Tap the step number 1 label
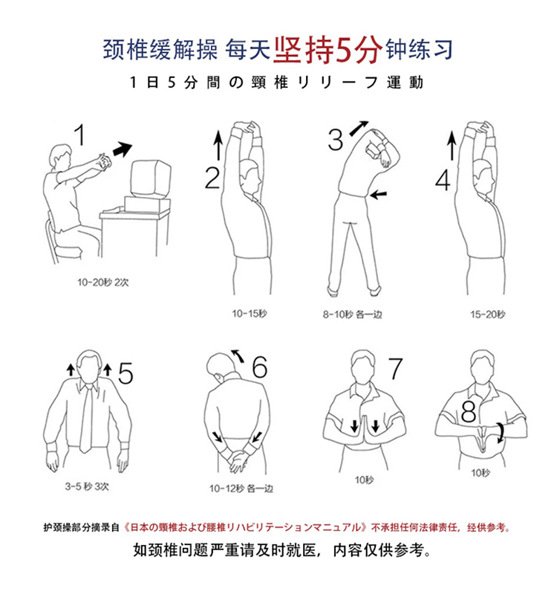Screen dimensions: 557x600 pyautogui.click(x=79, y=135)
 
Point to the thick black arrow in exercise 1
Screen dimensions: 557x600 pyautogui.click(x=123, y=149)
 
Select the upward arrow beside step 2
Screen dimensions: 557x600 pyautogui.click(x=218, y=145)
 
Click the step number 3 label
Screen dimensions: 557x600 pyautogui.click(x=336, y=140)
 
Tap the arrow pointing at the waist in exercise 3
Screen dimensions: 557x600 pyautogui.click(x=379, y=194)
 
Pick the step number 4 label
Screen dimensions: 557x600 pyautogui.click(x=443, y=180)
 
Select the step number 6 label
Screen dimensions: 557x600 pyautogui.click(x=260, y=367)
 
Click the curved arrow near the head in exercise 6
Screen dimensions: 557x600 pyautogui.click(x=238, y=355)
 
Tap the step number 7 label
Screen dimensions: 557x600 pyautogui.click(x=395, y=368)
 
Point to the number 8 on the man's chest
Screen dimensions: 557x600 pyautogui.click(x=469, y=411)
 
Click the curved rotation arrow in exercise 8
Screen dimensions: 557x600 pyautogui.click(x=501, y=433)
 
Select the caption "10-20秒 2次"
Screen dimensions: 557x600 pyautogui.click(x=102, y=283)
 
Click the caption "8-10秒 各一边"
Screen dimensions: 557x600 pyautogui.click(x=352, y=314)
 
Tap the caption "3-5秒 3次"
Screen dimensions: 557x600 pyautogui.click(x=87, y=486)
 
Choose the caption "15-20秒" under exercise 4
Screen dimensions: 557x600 pyautogui.click(x=487, y=314)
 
